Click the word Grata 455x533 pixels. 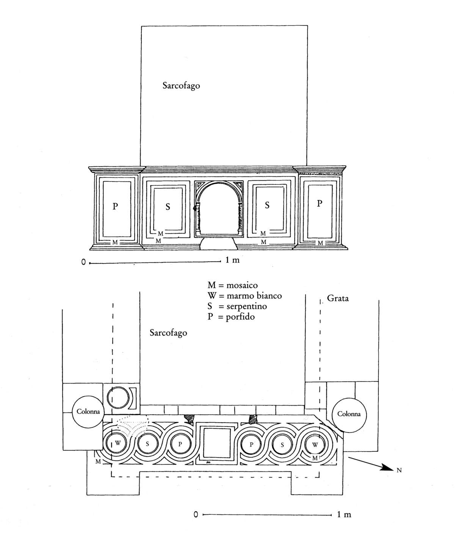[x=337, y=298]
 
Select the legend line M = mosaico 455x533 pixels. [x=232, y=285]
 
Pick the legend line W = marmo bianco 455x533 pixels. [x=245, y=296]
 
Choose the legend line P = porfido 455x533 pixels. [x=231, y=317]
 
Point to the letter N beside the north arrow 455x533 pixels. [x=399, y=470]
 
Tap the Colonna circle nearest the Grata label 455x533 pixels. [x=348, y=414]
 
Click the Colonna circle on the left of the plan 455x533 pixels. [x=88, y=411]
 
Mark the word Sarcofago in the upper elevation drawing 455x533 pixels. [x=181, y=86]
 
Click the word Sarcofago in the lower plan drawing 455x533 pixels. [x=168, y=333]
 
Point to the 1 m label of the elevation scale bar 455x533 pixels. [x=232, y=260]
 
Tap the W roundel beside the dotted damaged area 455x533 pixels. [x=118, y=444]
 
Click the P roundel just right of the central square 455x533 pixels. [x=251, y=444]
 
